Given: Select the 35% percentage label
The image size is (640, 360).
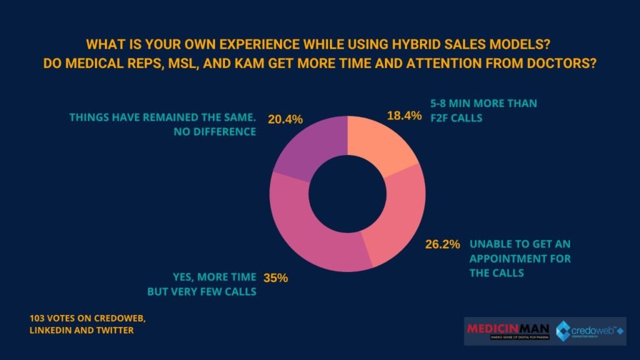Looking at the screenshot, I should tap(275, 277).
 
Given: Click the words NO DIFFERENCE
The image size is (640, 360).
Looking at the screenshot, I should tap(216, 132).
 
